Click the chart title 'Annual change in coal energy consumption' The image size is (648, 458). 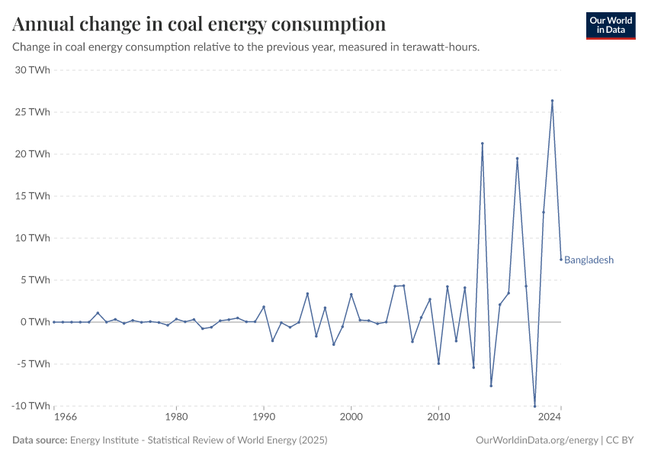click(x=199, y=24)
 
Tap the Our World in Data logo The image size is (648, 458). click(x=611, y=25)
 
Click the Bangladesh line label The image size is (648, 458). click(x=589, y=260)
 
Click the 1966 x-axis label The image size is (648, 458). click(x=66, y=418)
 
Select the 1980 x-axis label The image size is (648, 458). click(x=176, y=418)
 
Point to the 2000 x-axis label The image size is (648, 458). click(x=351, y=418)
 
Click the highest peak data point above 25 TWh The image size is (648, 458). click(x=552, y=101)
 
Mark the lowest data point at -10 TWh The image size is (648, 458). click(x=534, y=406)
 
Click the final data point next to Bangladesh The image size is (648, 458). click(x=561, y=259)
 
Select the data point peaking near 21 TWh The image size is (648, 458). click(x=482, y=144)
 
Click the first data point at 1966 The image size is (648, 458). click(x=54, y=322)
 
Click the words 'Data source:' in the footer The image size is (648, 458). click(x=40, y=440)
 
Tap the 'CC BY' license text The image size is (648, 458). click(x=621, y=440)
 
